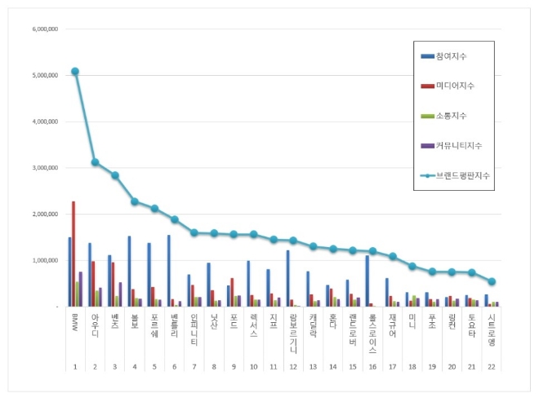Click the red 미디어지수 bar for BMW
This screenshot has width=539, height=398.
(x=73, y=254)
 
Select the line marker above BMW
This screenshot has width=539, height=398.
(x=75, y=72)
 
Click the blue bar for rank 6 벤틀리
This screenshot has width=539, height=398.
(x=169, y=271)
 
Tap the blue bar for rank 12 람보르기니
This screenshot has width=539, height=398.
(x=287, y=278)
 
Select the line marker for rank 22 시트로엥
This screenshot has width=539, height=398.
(x=492, y=281)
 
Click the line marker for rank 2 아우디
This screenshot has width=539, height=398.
(x=95, y=162)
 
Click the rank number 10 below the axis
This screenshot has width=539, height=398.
(x=253, y=368)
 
